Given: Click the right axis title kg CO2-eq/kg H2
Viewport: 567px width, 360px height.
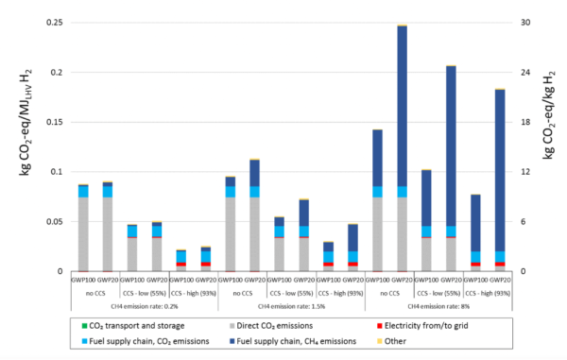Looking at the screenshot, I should click(548, 146).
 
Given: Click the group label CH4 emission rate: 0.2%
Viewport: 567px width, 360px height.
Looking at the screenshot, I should click(146, 306).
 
